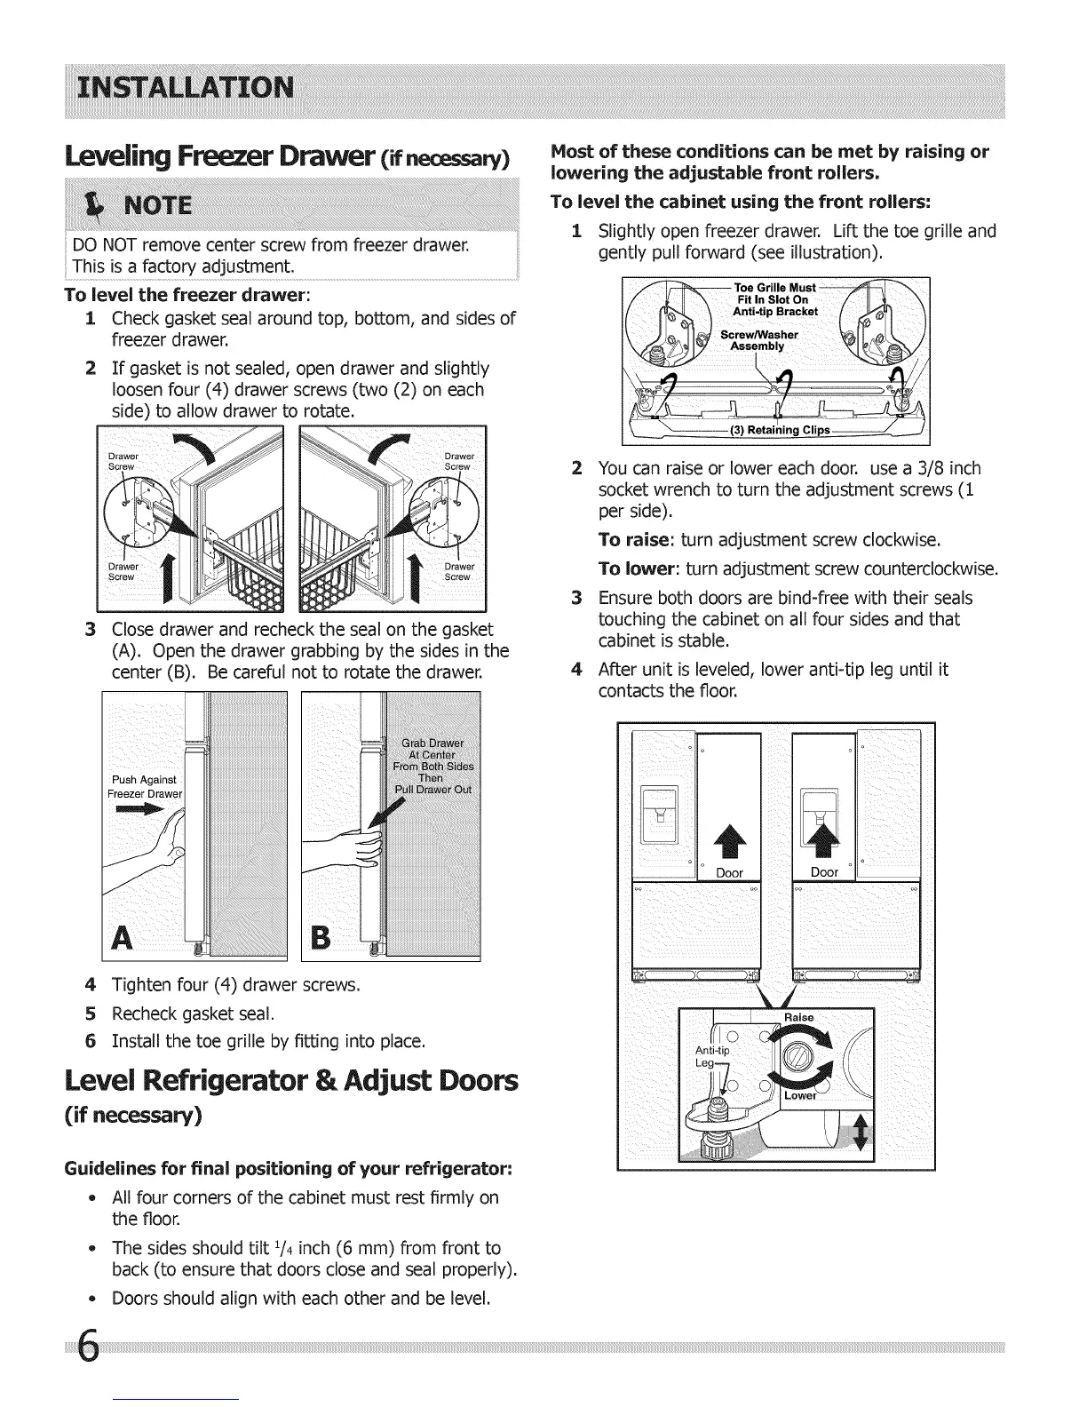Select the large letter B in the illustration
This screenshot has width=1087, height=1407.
(x=324, y=936)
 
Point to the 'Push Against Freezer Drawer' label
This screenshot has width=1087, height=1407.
(x=144, y=786)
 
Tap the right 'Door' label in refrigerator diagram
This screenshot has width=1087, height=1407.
(x=824, y=872)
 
